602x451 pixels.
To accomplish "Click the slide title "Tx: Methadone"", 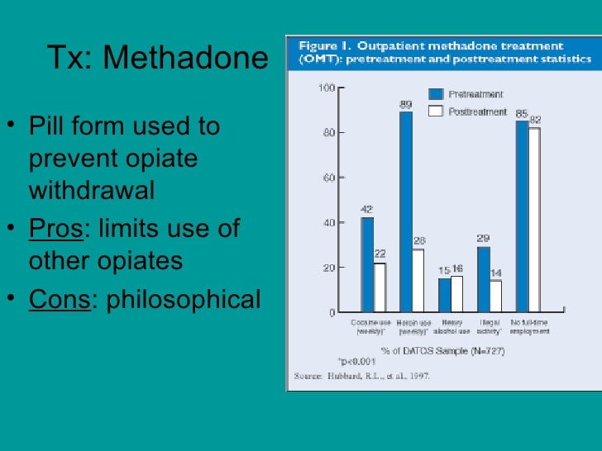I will [157, 58].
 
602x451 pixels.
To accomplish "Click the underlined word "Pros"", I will [56, 229].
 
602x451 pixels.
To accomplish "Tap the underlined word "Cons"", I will [59, 299].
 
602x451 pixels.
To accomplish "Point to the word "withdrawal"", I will [92, 191].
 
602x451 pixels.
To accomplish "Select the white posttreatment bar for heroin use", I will [418, 281].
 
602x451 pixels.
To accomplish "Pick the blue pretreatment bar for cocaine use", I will [367, 264].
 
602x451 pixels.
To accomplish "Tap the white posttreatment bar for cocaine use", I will [380, 287].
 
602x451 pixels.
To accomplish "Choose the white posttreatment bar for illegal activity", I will [495, 297].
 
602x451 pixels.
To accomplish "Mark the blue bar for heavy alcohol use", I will [445, 296].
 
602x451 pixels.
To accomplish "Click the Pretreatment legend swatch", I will [436, 94].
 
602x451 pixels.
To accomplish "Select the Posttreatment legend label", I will [477, 112].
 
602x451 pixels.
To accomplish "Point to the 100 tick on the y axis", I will [327, 88].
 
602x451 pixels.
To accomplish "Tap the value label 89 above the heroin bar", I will [406, 104].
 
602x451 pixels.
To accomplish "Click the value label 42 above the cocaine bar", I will [367, 210].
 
